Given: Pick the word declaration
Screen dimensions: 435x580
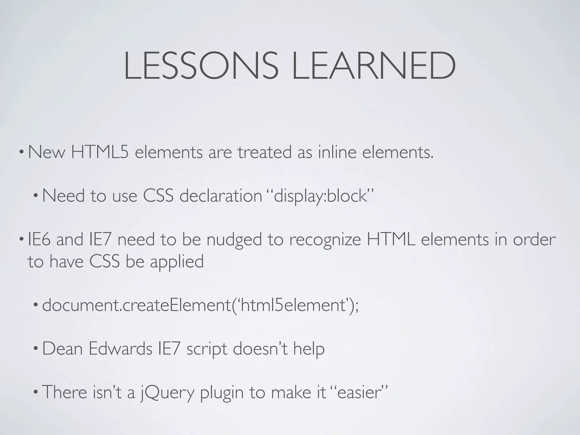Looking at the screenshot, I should tap(221, 196).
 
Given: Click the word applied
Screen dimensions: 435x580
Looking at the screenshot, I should tap(177, 262).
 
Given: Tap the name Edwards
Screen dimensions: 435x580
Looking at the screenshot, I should tap(120, 349).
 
